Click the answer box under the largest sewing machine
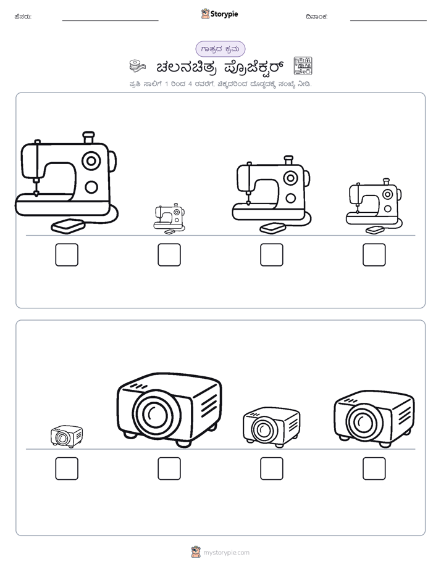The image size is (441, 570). [67, 255]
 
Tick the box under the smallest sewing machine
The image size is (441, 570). [169, 255]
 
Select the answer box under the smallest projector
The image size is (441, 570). [67, 469]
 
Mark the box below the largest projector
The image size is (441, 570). [169, 469]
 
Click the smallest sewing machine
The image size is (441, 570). [169, 218]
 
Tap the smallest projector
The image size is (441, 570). [67, 437]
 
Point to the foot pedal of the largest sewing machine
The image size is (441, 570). [68, 226]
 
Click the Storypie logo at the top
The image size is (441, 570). [219, 14]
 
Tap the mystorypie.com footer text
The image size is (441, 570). [226, 553]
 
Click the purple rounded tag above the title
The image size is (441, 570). [220, 49]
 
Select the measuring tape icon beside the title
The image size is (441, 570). [137, 66]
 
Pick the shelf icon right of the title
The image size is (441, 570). [303, 66]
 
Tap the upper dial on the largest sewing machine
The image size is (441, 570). [91, 160]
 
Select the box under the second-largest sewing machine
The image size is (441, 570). [272, 255]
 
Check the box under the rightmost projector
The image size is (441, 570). [374, 469]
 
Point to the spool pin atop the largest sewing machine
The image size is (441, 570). [88, 137]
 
